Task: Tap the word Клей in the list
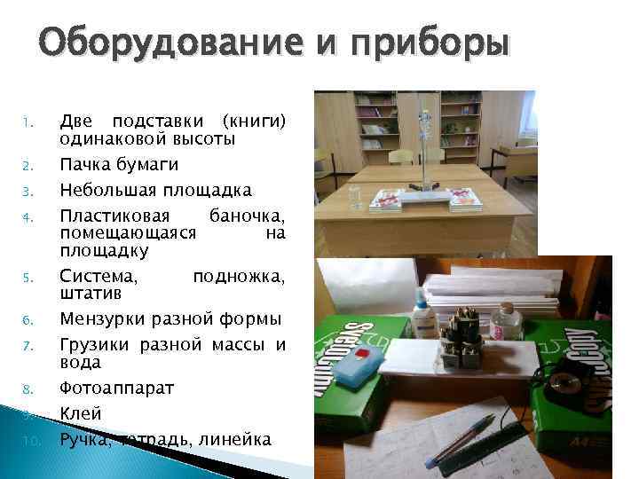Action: pyautogui.click(x=81, y=413)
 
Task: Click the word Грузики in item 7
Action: pyautogui.click(x=92, y=345)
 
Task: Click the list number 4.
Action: pyautogui.click(x=28, y=216)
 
